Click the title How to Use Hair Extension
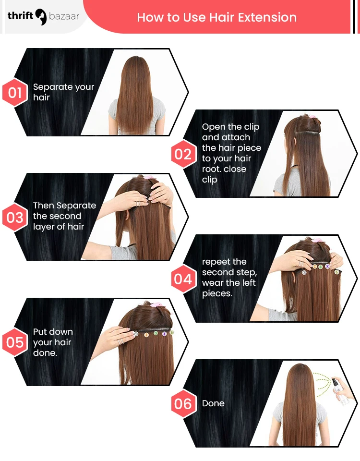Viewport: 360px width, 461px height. (x=216, y=17)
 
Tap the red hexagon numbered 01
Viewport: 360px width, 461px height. (x=15, y=92)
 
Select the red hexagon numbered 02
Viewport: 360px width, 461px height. (x=182, y=154)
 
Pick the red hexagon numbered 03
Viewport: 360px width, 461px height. (x=15, y=217)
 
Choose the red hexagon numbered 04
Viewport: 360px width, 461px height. (x=182, y=279)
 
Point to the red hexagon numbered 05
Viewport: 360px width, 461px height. (x=15, y=342)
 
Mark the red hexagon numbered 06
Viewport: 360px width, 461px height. (x=182, y=404)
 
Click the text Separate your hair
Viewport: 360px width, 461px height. (x=63, y=92)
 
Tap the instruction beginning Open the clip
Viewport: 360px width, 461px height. (x=230, y=153)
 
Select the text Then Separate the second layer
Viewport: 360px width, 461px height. (x=64, y=216)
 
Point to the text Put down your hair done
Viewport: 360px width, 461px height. (x=53, y=342)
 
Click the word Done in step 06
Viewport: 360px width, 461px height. (x=213, y=403)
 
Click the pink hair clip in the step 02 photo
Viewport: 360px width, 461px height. (x=312, y=116)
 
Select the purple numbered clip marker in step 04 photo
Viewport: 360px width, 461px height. (x=328, y=266)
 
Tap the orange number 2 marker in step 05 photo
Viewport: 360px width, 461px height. (x=146, y=334)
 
